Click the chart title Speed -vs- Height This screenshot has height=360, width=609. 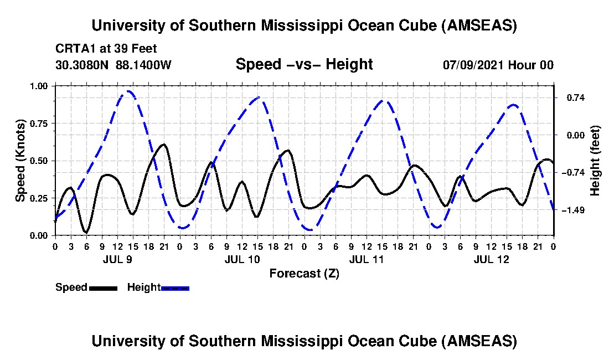point(304,64)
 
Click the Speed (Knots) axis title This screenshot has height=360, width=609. point(20,161)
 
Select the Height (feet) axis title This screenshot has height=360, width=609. point(595,161)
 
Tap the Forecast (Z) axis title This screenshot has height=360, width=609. point(304,273)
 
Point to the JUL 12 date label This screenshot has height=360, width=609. point(491,259)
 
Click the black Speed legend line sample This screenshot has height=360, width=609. point(102,288)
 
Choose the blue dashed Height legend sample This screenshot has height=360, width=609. point(175,288)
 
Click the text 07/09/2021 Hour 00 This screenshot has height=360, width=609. point(498,65)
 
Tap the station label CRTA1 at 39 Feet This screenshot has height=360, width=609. point(106,48)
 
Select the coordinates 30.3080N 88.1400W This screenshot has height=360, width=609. point(113,65)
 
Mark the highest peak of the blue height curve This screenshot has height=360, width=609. point(128,91)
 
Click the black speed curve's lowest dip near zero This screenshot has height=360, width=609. point(86,232)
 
